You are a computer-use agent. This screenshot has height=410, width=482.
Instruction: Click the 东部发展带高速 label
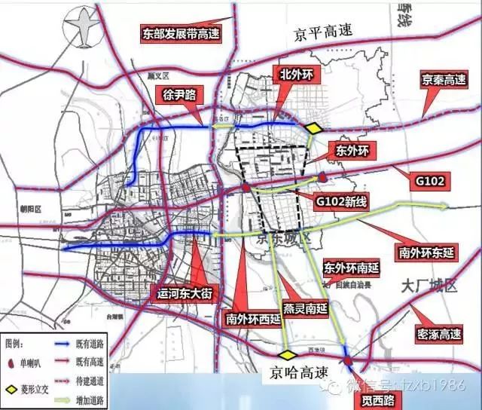pos(185,33)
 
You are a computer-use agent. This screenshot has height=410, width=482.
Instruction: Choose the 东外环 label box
pos(351,151)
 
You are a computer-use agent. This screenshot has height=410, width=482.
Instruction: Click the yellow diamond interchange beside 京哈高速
pos(287,354)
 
